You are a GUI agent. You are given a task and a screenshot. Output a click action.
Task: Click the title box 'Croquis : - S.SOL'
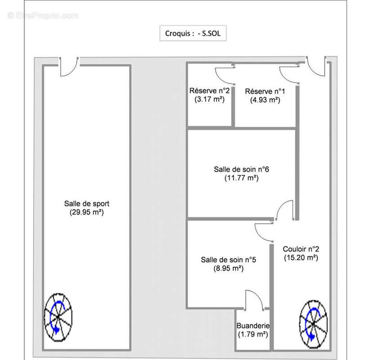(193, 33)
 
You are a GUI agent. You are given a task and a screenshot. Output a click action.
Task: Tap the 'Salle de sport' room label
(87, 203)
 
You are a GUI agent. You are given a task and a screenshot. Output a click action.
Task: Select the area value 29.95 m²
(87, 212)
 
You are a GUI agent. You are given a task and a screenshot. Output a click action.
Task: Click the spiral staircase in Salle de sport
(58, 317)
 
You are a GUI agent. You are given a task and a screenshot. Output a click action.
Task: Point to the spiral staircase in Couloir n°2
(313, 324)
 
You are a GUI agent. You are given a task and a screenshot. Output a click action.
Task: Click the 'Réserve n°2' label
(209, 91)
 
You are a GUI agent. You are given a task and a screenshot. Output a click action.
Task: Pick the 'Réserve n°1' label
(265, 91)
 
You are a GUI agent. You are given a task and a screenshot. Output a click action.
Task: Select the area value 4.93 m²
(265, 100)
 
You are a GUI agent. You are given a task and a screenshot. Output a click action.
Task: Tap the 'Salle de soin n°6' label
(241, 169)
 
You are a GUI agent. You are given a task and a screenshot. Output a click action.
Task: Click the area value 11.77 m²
(241, 178)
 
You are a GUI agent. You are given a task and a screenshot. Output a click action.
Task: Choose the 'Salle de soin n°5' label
(228, 260)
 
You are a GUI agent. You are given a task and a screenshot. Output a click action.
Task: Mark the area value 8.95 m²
(228, 268)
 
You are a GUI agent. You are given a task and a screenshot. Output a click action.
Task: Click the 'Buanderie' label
(253, 326)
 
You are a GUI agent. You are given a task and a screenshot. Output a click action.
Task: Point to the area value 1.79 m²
(253, 334)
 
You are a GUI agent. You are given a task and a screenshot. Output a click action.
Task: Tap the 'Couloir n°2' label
(301, 249)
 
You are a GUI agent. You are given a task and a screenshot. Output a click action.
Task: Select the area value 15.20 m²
(301, 257)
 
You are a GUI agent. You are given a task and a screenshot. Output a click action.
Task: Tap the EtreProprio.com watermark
(43, 16)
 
